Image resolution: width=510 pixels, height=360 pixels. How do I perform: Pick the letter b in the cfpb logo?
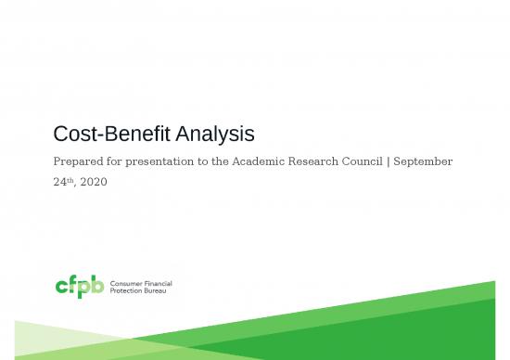(97, 285)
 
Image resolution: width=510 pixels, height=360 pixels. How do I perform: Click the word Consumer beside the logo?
(125, 282)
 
